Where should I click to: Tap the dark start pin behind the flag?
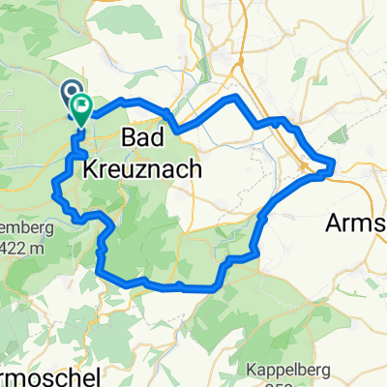pyautogui.click(x=72, y=94)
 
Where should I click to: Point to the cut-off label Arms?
pyautogui.click(x=356, y=221)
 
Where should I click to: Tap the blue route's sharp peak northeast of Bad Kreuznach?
pyautogui.click(x=231, y=99)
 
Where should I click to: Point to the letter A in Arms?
pyautogui.click(x=335, y=221)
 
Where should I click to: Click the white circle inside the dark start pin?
pyautogui.click(x=72, y=92)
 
